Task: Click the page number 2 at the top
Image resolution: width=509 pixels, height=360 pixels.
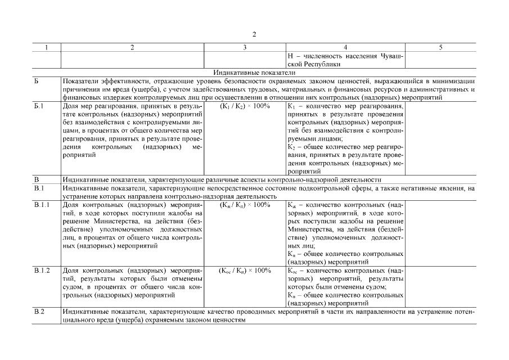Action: pos(254,35)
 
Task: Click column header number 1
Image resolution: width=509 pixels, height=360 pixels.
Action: pos(46,48)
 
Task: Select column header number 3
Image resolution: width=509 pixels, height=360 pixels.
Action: pos(244,48)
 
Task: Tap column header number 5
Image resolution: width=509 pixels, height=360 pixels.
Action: pos(440,48)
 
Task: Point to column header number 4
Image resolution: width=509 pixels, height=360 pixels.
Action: pos(345,48)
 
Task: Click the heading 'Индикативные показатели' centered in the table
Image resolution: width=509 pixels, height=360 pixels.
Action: pos(254,73)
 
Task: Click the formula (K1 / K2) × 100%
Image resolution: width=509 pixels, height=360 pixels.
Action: pos(244,106)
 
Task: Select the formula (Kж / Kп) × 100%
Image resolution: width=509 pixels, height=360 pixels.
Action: pos(244,205)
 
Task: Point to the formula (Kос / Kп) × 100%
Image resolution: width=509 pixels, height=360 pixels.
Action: pos(244,271)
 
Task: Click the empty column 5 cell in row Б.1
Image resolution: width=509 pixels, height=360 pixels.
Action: pos(440,138)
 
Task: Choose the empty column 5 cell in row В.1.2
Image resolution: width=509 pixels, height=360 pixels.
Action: pos(440,286)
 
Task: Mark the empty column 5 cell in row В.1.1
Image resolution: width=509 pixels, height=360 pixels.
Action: pos(440,233)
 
